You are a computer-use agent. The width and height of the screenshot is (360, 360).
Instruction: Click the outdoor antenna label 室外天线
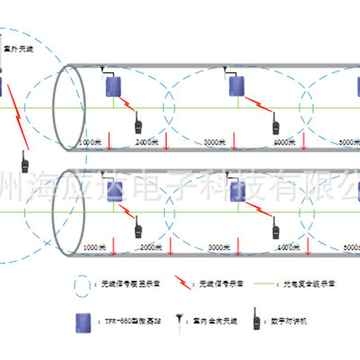point(18,49)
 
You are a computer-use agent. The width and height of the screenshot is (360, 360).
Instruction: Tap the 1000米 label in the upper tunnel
point(87,142)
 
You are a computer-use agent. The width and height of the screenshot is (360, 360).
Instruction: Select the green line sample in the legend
point(265,284)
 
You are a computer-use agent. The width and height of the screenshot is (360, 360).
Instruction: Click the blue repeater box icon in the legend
point(83,323)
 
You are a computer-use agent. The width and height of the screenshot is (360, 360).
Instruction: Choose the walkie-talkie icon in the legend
point(257,320)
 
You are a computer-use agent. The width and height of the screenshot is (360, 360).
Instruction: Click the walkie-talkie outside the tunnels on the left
point(25,162)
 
